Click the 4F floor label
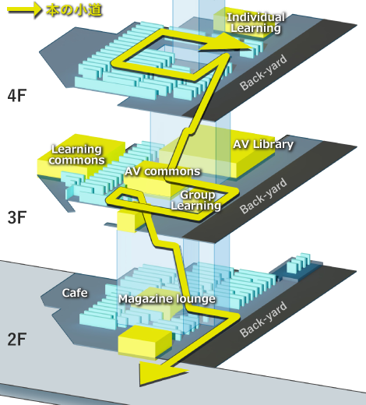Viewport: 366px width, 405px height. tap(17, 95)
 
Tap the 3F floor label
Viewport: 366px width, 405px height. tap(17, 217)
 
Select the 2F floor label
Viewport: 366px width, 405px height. tap(17, 339)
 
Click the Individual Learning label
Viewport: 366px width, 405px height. tap(255, 23)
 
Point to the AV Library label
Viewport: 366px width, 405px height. tap(263, 144)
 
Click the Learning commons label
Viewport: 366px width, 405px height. tap(76, 155)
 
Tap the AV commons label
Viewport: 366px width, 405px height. tap(163, 171)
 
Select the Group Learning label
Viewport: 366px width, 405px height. tap(196, 200)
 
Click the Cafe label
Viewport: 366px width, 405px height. tap(75, 293)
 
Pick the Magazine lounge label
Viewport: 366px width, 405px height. tap(167, 299)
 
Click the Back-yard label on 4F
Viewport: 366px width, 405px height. tap(263, 72)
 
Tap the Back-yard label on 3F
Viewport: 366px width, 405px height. tap(263, 195)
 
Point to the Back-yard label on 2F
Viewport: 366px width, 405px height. tap(263, 319)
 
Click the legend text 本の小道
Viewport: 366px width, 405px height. tap(74, 10)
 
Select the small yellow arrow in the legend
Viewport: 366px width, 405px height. tap(24, 10)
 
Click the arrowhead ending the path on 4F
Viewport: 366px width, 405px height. tap(225, 43)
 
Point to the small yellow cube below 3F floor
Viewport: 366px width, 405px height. tap(126, 221)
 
